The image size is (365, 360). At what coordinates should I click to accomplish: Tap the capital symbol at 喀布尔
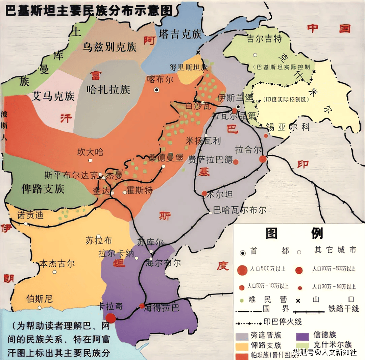pos(156,90)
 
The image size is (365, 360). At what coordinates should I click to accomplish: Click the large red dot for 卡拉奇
pos(111,318)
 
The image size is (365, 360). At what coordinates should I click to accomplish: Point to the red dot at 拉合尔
pos(263,159)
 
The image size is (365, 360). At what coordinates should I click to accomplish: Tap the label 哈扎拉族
pos(108,90)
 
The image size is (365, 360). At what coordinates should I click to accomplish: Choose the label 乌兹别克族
pos(110,47)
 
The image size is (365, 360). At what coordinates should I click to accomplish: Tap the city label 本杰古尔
pos(57,263)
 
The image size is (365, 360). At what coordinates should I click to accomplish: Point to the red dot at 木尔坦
pos(204,194)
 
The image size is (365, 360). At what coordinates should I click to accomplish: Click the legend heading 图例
pos(294,233)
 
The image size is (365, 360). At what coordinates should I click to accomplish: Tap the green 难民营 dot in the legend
pos(241,300)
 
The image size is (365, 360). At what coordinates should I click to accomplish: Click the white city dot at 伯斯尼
pos(40,308)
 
